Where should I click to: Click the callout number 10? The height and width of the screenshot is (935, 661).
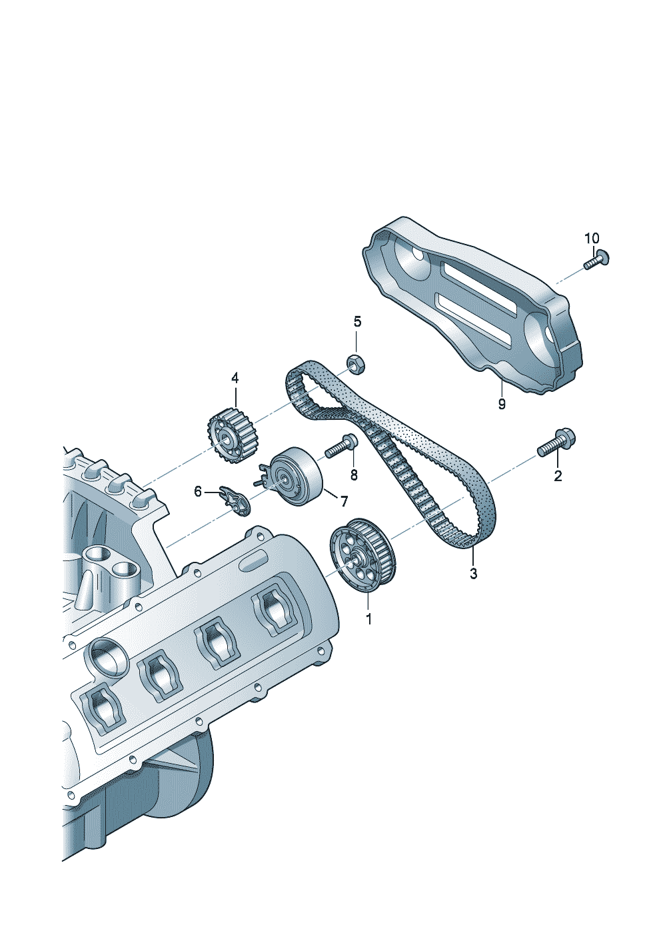(x=592, y=239)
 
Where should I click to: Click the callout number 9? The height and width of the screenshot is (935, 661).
(x=502, y=404)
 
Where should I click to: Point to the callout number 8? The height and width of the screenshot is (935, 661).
(x=354, y=474)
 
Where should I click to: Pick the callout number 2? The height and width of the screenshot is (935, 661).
(x=558, y=475)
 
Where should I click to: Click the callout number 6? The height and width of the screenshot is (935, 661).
(x=198, y=492)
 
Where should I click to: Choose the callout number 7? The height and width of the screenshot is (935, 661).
(x=344, y=502)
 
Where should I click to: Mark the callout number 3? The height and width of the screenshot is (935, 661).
(x=473, y=574)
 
